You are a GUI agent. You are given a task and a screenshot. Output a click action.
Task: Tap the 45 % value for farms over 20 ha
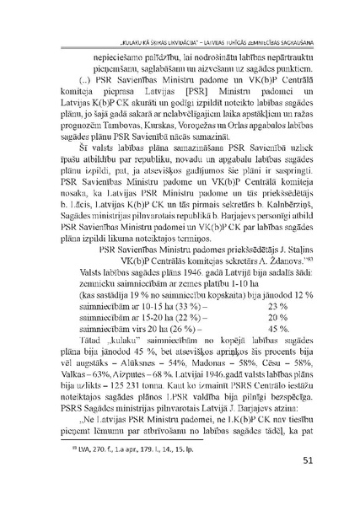(255, 327)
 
